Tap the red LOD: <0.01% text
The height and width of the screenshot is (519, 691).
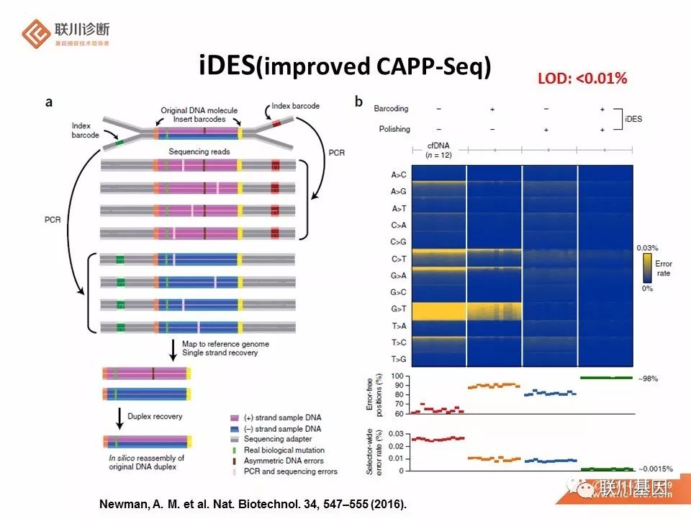tap(582, 78)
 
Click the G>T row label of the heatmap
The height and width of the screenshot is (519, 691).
tap(399, 310)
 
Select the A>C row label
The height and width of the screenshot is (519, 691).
tap(399, 174)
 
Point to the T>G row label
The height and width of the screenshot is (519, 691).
tap(399, 359)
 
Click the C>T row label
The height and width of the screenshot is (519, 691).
tap(399, 259)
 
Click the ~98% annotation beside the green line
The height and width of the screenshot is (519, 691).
tap(647, 378)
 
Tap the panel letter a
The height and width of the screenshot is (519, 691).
tap(49, 102)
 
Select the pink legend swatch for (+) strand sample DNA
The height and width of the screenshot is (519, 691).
tap(234, 418)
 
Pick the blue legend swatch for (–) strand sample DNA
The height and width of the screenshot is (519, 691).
tap(234, 429)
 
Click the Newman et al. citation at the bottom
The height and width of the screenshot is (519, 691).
tap(252, 504)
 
